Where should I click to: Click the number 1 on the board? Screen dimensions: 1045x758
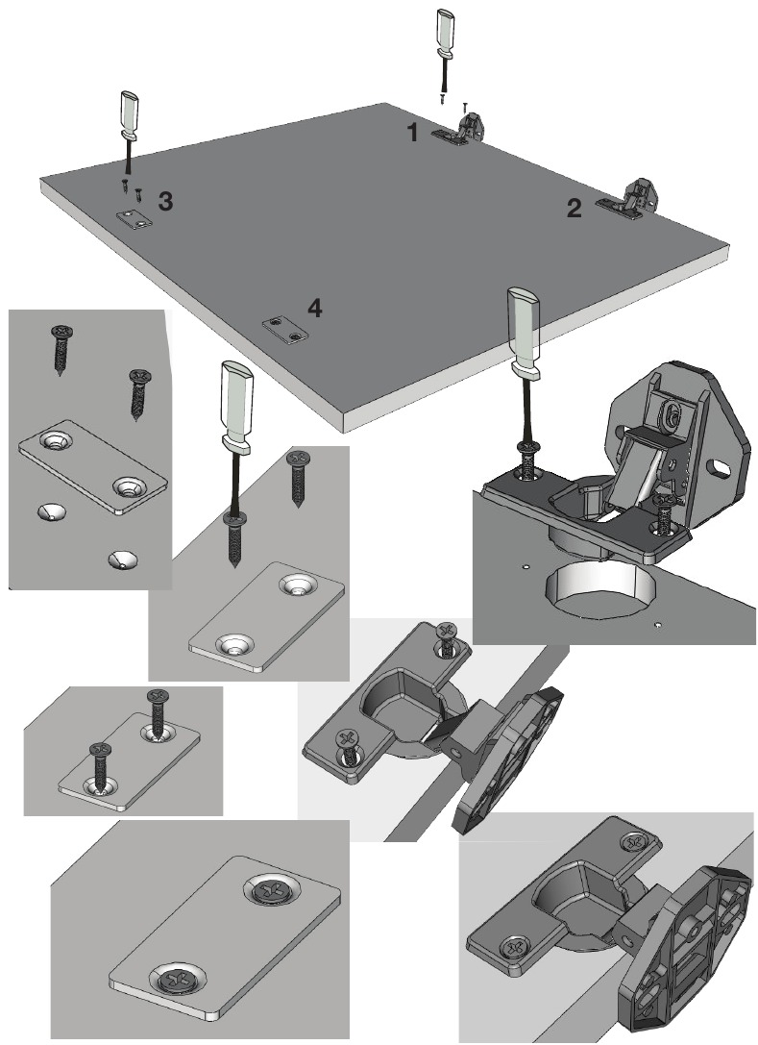click(413, 134)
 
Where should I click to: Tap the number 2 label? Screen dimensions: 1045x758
click(574, 209)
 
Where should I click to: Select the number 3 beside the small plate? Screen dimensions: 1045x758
click(166, 202)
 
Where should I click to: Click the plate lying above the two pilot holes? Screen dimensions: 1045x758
click(93, 466)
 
